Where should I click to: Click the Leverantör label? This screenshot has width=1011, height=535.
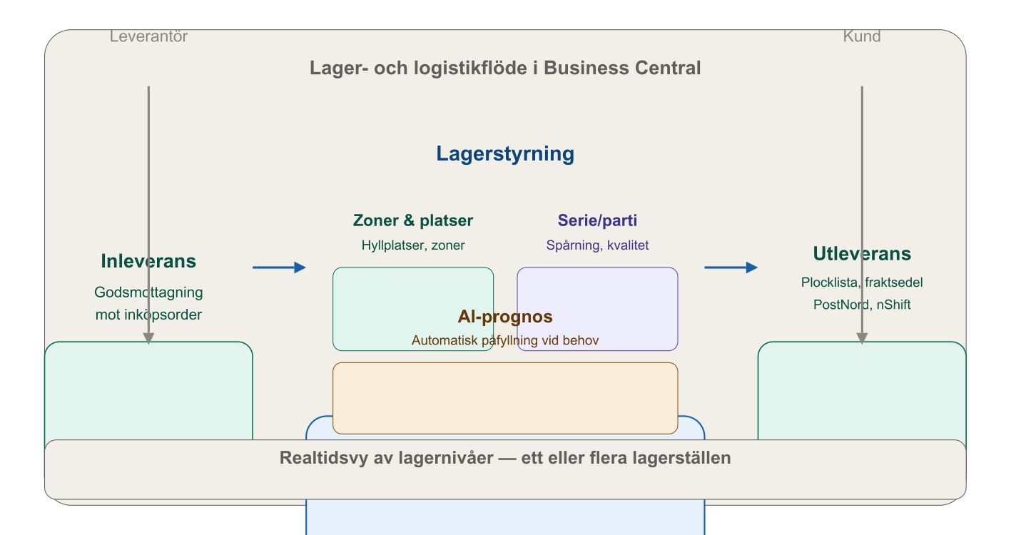point(148,36)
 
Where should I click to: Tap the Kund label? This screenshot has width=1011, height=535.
point(862,36)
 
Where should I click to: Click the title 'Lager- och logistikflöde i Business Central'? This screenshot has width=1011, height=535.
point(505,68)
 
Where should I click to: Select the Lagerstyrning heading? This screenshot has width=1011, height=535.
point(505,154)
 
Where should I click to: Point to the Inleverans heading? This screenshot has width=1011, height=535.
point(148,261)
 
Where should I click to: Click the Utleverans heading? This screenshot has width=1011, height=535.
point(862,254)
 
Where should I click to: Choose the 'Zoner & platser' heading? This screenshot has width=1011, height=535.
point(413,221)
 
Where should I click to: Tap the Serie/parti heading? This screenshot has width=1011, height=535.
point(597,221)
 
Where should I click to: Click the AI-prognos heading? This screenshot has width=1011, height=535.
point(505,317)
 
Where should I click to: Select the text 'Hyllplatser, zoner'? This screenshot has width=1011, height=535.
point(413,245)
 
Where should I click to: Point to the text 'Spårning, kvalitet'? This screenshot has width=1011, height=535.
point(597,245)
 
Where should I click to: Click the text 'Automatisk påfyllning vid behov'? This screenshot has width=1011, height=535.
point(505,340)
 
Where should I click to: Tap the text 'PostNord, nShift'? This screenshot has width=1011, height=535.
point(862,305)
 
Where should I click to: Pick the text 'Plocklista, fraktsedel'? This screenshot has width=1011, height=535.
point(862,282)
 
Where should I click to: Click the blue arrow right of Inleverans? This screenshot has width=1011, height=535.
point(279,267)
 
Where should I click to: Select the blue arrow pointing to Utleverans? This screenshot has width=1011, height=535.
point(731,267)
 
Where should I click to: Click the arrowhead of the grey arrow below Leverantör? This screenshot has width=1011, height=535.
point(148,339)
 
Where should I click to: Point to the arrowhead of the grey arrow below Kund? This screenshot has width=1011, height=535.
point(862,339)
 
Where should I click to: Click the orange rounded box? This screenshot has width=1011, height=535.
point(505,398)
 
